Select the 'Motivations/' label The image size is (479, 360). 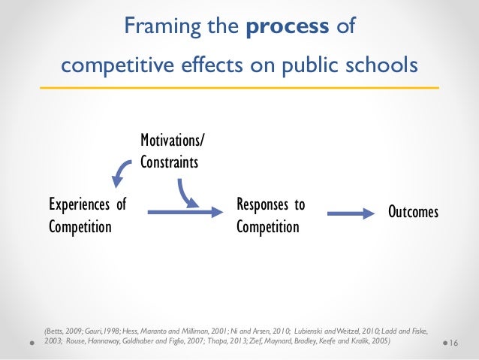[x=171, y=141]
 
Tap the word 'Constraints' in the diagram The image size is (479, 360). [x=169, y=161]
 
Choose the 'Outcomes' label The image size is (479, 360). [x=413, y=213]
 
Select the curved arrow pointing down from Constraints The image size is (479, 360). [x=185, y=192]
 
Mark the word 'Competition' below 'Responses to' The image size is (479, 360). [x=267, y=225]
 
